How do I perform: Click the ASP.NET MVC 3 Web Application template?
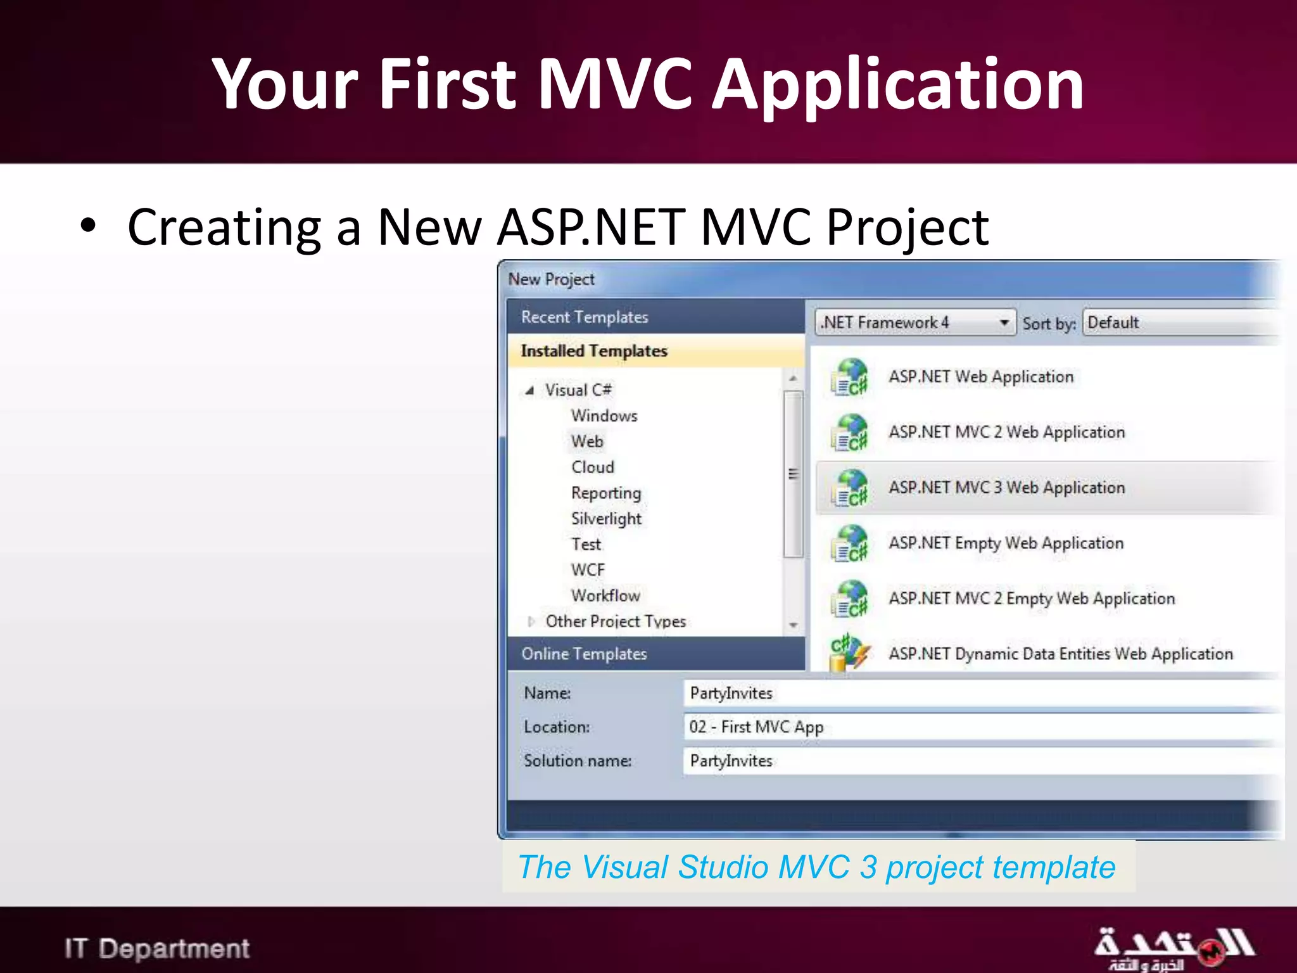[1006, 487]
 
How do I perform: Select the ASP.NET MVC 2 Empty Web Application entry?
[1031, 599]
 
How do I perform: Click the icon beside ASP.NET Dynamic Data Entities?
[849, 652]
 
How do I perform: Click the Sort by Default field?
[1178, 322]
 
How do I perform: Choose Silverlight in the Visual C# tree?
[606, 519]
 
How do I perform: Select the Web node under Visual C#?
[587, 442]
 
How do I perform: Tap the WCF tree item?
[588, 570]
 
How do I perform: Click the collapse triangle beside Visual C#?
[530, 390]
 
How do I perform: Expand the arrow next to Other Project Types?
[531, 621]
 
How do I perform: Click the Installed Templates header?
[593, 351]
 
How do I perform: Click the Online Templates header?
[584, 654]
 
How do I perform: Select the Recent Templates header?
[584, 317]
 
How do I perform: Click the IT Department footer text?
[157, 948]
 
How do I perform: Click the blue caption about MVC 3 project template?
[817, 867]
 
